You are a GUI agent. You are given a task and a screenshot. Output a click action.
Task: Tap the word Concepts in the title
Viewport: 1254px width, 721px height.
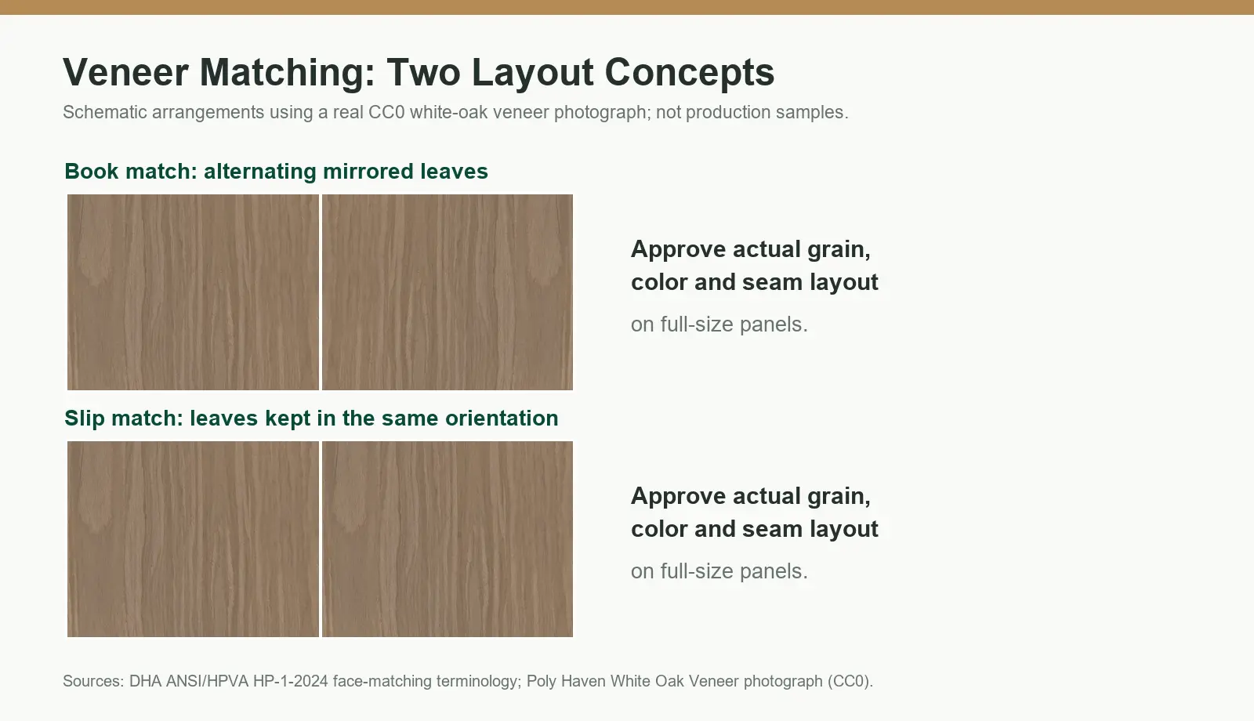click(690, 73)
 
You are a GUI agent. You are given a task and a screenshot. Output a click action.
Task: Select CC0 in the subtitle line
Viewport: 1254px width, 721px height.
click(386, 112)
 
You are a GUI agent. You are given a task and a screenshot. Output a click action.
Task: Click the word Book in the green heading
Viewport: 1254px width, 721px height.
click(91, 172)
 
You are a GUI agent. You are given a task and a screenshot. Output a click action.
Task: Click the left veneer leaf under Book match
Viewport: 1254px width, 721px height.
click(193, 292)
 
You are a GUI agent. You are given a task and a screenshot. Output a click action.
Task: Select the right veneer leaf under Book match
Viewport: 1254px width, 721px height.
click(448, 292)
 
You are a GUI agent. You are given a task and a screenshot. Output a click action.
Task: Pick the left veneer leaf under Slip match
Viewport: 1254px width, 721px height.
click(193, 539)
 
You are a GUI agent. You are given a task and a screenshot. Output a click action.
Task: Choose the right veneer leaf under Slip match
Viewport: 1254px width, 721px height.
click(448, 539)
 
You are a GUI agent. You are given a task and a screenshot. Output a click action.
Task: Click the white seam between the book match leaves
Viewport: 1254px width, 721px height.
click(321, 292)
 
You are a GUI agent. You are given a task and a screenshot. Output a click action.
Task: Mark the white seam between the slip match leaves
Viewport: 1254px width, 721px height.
click(321, 539)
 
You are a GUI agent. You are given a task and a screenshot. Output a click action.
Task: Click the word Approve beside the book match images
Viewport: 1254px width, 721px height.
click(679, 250)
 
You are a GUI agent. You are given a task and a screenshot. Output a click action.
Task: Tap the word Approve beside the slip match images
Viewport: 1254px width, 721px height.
click(679, 497)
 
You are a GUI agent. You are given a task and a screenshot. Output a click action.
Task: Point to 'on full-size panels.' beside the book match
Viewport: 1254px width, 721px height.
click(719, 324)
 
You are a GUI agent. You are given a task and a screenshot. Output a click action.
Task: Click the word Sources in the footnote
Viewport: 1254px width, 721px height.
click(93, 681)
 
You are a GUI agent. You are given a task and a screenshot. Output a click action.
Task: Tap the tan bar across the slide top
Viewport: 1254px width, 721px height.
click(627, 7)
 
